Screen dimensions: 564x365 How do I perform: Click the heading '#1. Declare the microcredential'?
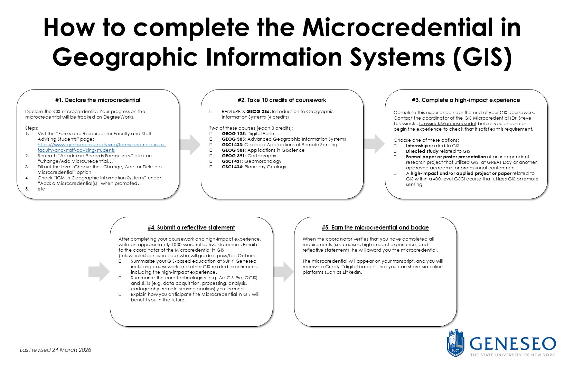tap(98, 100)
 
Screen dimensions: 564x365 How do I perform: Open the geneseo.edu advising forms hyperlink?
tap(102, 147)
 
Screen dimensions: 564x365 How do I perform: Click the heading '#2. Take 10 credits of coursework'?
tap(282, 100)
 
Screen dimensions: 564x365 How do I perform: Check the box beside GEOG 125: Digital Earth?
tap(211, 134)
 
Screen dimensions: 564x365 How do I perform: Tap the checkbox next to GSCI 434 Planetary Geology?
tap(211, 167)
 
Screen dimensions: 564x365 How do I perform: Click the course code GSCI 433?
tap(232, 144)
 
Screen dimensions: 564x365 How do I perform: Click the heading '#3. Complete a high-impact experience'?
tap(466, 100)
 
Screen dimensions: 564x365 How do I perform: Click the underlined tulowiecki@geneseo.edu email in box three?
tap(448, 124)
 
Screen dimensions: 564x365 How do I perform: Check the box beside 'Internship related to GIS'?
tap(395, 146)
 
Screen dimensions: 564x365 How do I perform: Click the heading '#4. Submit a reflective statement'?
tap(191, 227)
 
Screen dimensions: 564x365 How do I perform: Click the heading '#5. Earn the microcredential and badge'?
tap(375, 227)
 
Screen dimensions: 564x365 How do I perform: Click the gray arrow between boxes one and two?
tap(190, 144)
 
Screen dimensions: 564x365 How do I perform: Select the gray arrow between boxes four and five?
tap(283, 272)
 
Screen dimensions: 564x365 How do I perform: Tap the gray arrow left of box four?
tap(99, 272)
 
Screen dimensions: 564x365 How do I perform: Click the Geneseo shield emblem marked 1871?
tap(455, 343)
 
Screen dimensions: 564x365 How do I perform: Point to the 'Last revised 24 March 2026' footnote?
tap(55, 350)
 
